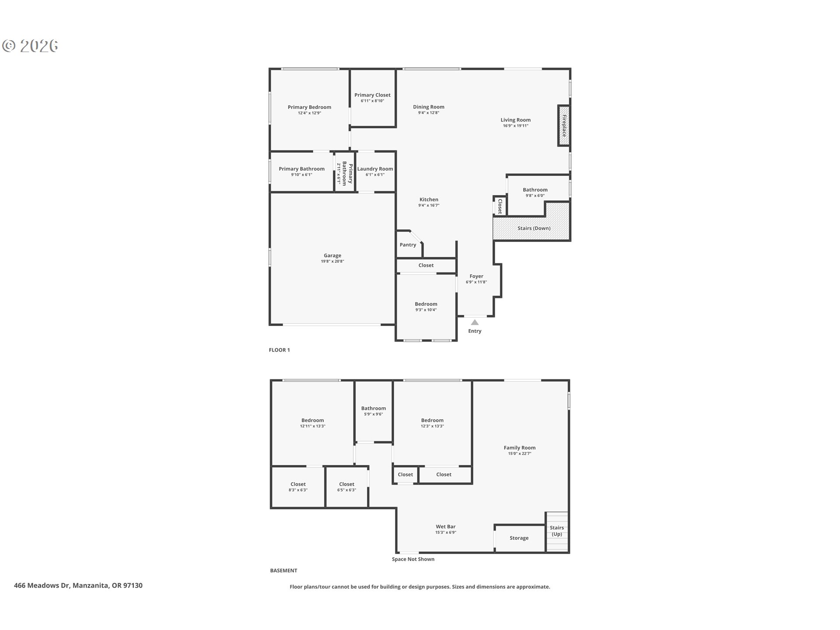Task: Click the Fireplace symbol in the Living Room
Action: tap(563, 126)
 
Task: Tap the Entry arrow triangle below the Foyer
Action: tap(475, 322)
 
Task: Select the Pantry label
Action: tap(408, 245)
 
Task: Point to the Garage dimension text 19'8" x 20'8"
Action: tap(332, 261)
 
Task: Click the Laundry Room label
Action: tap(375, 169)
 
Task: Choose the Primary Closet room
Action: tap(373, 98)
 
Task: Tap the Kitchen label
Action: tap(428, 199)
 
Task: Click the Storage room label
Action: tap(519, 538)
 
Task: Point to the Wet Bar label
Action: tap(445, 527)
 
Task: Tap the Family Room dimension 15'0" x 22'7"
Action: tap(519, 454)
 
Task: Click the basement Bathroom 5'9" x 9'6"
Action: tap(373, 411)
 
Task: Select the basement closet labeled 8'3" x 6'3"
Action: tap(298, 487)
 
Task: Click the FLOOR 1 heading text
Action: tap(279, 350)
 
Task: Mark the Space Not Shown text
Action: tap(413, 559)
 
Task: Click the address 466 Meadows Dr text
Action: tap(78, 585)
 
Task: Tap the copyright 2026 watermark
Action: tap(31, 45)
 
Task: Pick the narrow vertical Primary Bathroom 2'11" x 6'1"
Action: tap(344, 173)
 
